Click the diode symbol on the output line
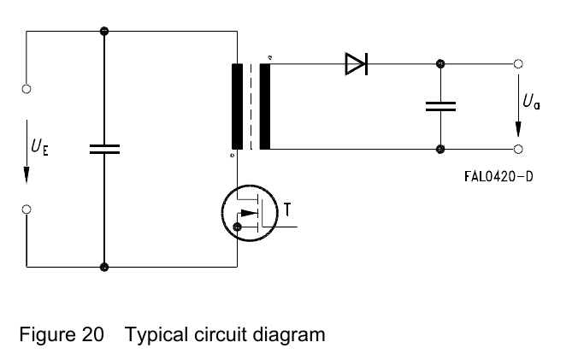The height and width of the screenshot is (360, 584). (357, 64)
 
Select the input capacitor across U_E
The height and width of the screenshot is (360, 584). (104, 150)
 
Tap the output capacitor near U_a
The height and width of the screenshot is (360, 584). (440, 107)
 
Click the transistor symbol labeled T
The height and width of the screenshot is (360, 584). (250, 213)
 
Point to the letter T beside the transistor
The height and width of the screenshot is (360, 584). (287, 210)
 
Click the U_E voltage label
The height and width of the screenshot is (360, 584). (39, 147)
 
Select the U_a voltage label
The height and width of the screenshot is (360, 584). (531, 102)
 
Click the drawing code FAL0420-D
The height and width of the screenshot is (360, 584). (498, 176)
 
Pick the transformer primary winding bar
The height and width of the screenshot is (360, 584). (237, 107)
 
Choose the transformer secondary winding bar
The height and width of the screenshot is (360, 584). (265, 107)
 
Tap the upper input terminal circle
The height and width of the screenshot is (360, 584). (27, 89)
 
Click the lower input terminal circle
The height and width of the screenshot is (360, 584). (27, 210)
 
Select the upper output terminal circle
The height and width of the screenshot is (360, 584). (518, 64)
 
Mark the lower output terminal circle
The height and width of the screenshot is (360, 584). (518, 150)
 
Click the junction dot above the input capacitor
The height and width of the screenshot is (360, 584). (104, 32)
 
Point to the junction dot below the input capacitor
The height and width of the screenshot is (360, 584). (104, 267)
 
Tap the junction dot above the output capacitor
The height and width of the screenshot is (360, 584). (440, 64)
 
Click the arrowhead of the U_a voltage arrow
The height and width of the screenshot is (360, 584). (518, 129)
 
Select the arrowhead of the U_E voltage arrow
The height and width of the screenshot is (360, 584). (27, 175)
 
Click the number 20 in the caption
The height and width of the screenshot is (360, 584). (92, 334)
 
